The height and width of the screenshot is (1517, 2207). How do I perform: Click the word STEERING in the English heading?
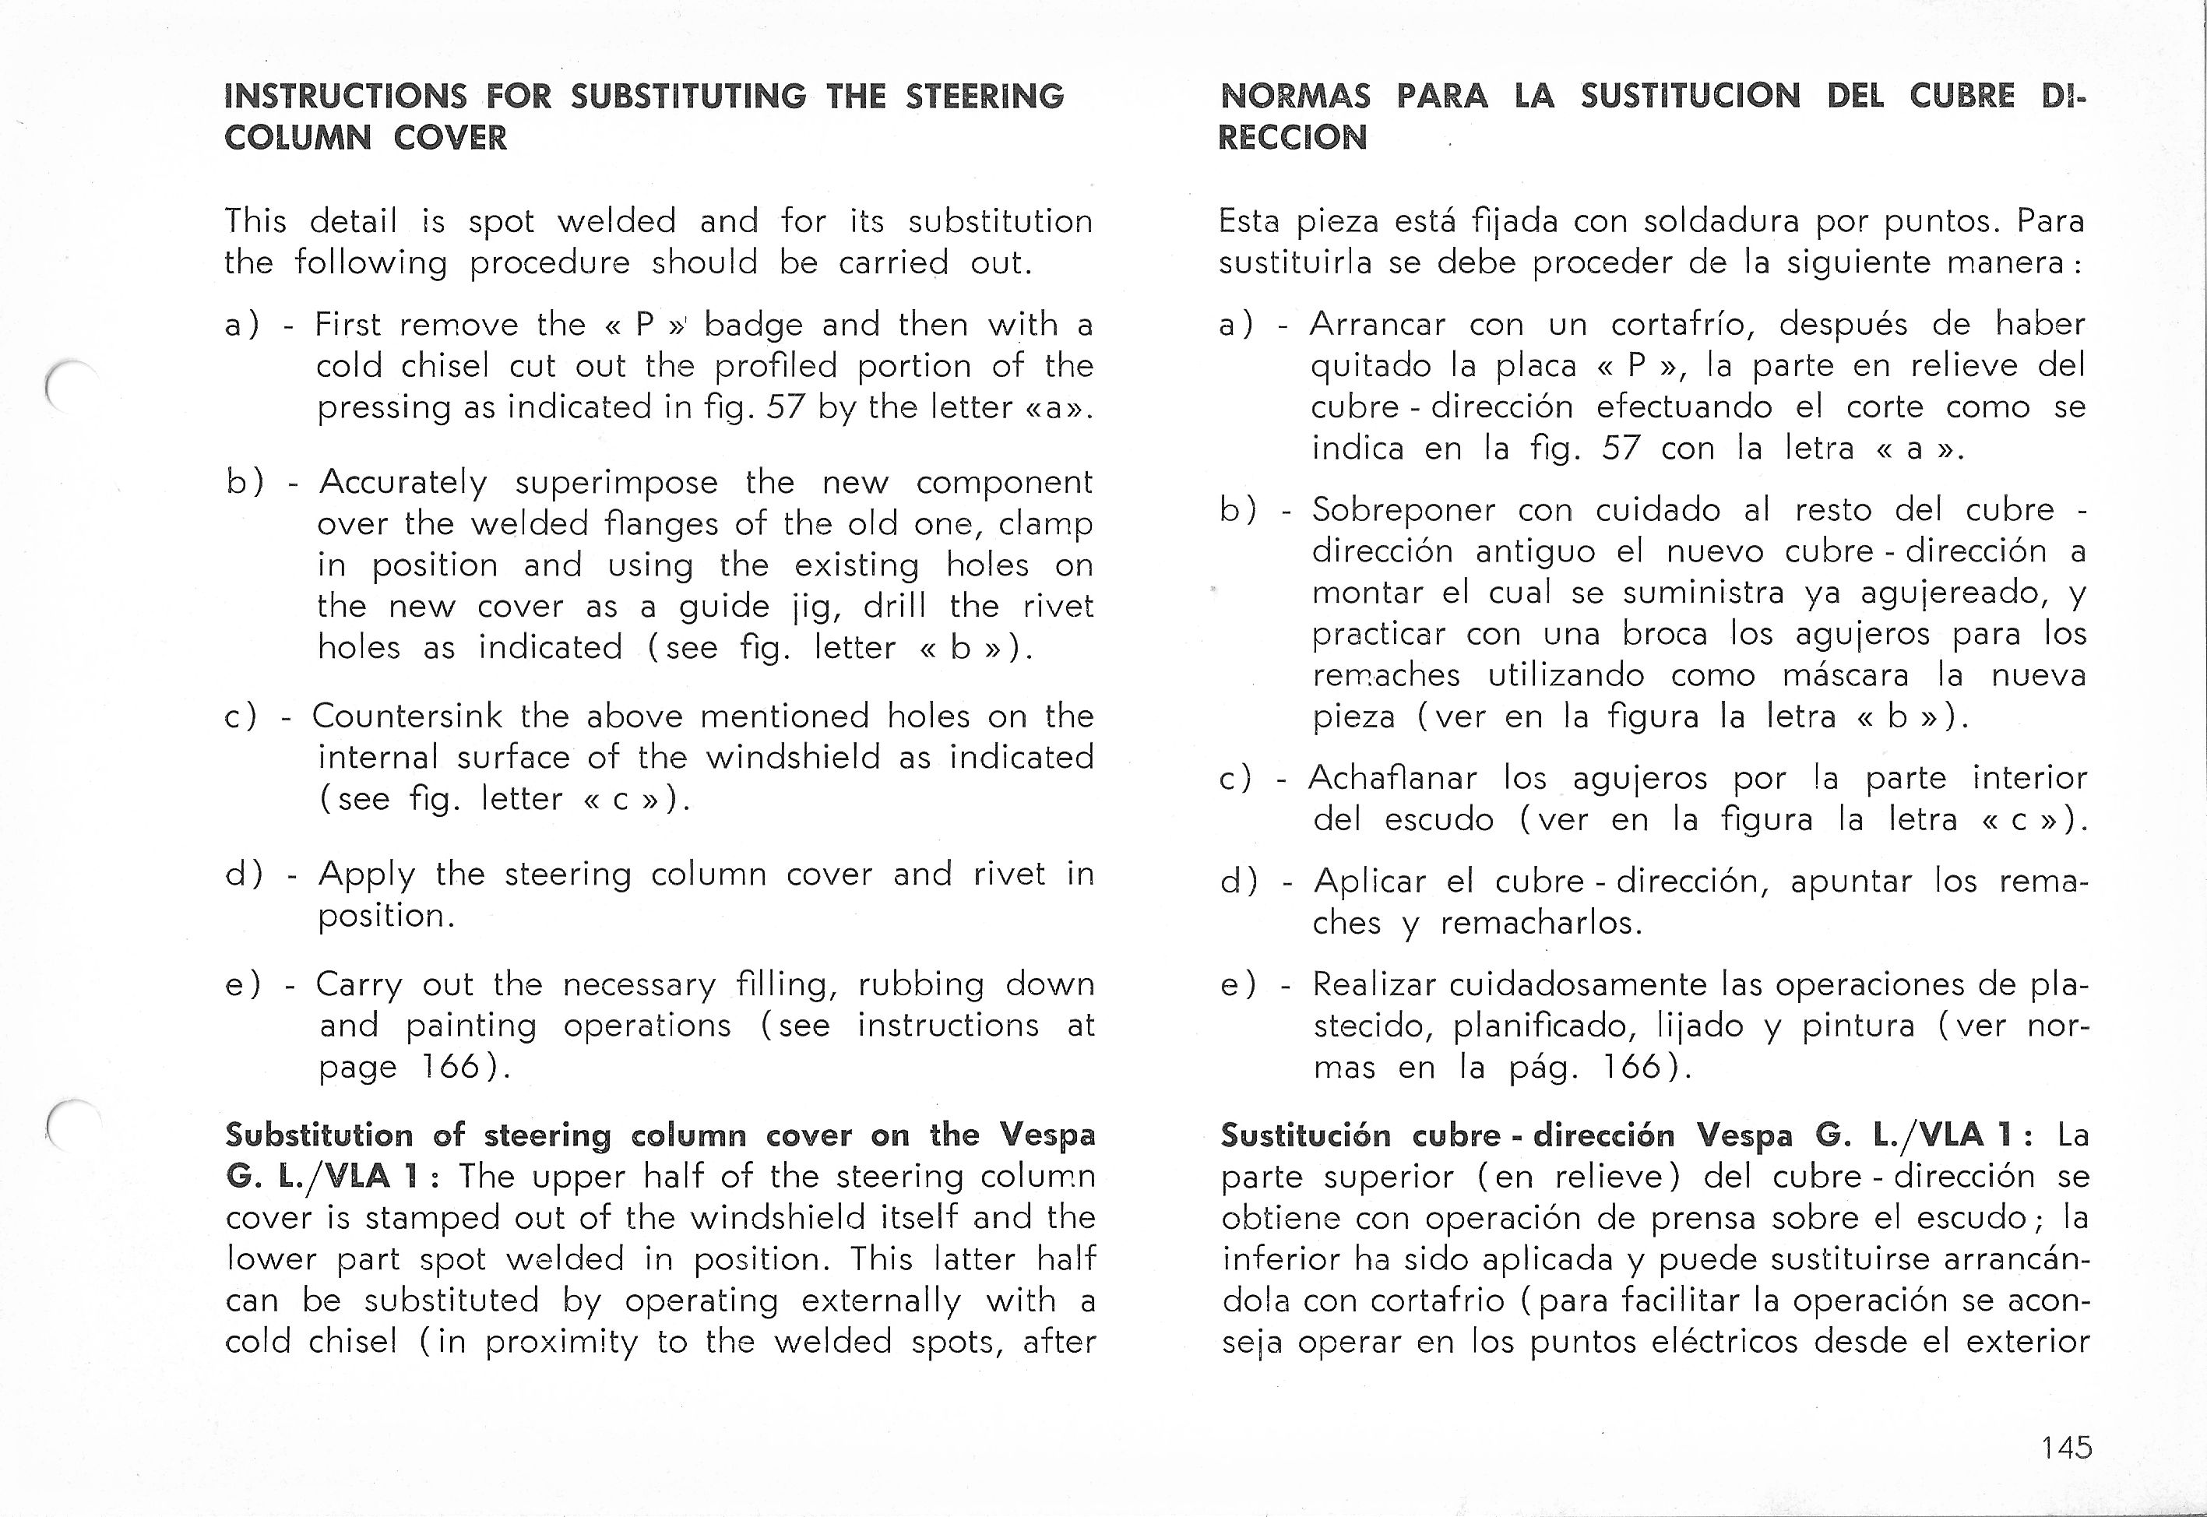point(984,97)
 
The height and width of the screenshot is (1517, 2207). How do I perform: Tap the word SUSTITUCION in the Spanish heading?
point(1690,96)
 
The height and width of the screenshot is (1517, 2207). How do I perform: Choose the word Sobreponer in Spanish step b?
point(1405,510)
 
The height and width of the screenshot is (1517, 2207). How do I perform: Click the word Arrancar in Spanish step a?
point(1378,325)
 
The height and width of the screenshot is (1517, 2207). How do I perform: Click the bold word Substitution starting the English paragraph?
point(319,1135)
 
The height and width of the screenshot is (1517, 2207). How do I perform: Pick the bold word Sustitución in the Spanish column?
point(1308,1135)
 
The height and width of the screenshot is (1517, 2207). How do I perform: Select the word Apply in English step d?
point(367,875)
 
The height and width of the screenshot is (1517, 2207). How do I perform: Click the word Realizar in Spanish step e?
point(1371,984)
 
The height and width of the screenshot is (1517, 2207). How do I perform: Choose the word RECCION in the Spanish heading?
point(1293,138)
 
